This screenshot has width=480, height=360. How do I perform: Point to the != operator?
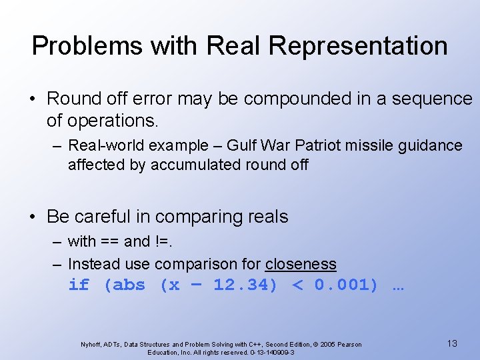pos(167,241)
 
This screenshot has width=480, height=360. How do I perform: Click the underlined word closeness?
pos(301,264)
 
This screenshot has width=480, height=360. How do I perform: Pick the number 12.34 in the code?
pos(245,285)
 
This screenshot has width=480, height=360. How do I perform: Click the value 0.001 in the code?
pos(345,285)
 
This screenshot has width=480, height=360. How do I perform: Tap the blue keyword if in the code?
pos(78,285)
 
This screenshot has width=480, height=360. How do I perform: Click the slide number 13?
pos(452,343)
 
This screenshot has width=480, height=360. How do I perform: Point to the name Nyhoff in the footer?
pos(92,345)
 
